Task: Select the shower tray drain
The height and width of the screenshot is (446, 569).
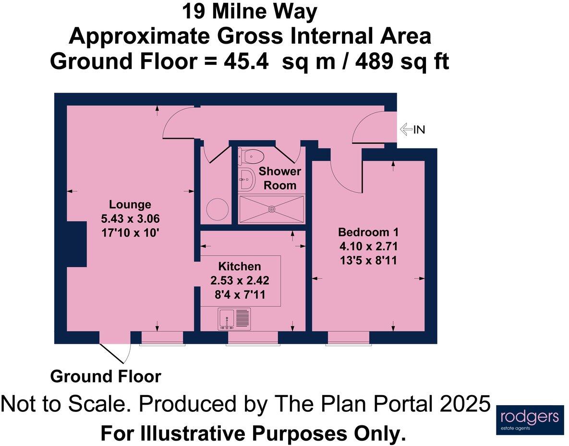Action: pos(272,209)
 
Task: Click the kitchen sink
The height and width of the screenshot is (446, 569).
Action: pos(234,319)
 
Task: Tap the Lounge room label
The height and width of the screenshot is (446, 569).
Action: pos(130,205)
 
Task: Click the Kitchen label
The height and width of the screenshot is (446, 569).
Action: pos(240,266)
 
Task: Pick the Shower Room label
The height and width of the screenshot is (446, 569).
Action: pos(280,178)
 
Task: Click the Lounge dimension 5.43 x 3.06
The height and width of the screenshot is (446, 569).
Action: pos(130,219)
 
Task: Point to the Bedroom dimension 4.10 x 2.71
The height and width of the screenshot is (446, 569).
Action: pos(368,246)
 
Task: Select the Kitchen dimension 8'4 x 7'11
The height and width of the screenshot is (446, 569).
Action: pos(240,295)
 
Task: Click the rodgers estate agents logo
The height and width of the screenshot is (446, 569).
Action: pos(530,420)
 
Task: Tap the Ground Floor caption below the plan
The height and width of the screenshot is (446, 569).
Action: pos(106,376)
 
